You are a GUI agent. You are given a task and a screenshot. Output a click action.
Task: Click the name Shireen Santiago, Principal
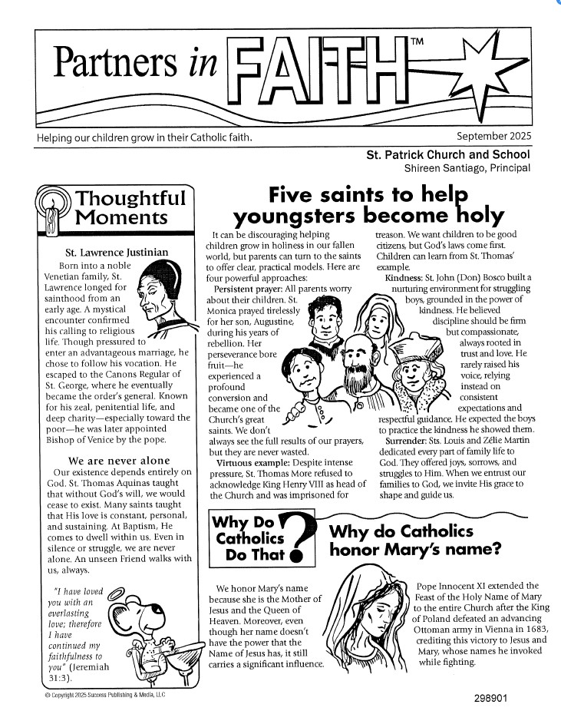click(x=467, y=167)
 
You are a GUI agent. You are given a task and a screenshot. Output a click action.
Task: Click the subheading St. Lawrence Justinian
click(x=117, y=252)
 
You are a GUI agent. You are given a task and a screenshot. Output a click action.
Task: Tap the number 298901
click(x=495, y=699)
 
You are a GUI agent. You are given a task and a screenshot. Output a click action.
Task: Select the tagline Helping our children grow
click(x=144, y=137)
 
